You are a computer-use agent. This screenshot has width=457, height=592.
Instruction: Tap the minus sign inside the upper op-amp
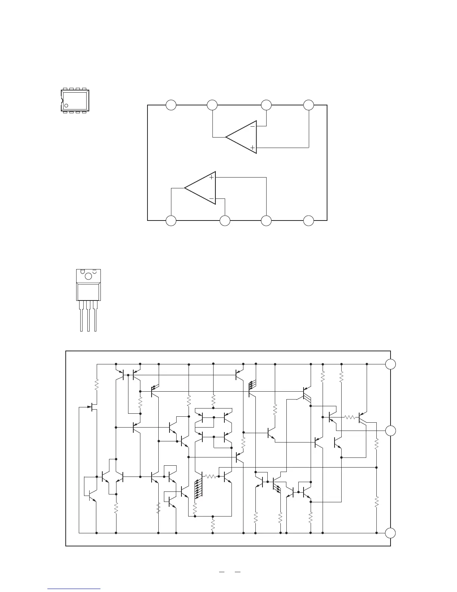[x=252, y=127]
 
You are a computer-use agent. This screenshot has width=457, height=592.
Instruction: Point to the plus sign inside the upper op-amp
[x=252, y=148]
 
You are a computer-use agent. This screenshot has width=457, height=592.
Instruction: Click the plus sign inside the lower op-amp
[x=211, y=177]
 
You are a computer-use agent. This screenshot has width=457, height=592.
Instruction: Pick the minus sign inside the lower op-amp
[x=211, y=198]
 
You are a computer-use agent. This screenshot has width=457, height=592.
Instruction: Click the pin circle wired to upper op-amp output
[x=212, y=105]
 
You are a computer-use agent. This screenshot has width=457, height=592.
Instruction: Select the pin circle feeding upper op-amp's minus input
[x=266, y=105]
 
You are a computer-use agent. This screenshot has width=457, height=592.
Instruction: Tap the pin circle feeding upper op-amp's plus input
[x=308, y=105]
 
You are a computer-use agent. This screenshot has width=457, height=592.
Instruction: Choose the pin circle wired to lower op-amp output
[x=171, y=221]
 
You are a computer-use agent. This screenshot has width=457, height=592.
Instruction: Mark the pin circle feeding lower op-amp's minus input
[x=225, y=221]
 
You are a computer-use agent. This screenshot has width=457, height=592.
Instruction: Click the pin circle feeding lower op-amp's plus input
[x=266, y=221]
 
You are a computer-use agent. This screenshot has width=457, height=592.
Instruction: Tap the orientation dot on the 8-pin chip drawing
[x=66, y=105]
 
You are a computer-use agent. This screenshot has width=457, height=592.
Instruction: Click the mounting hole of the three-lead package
[x=89, y=276]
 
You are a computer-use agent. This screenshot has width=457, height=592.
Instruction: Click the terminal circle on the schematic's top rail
[x=391, y=364]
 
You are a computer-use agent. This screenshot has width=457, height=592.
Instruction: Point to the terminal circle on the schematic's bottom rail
[x=391, y=533]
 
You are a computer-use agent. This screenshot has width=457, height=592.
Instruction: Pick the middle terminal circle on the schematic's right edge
[x=391, y=431]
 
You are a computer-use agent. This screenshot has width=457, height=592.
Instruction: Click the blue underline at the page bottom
[x=74, y=589]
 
